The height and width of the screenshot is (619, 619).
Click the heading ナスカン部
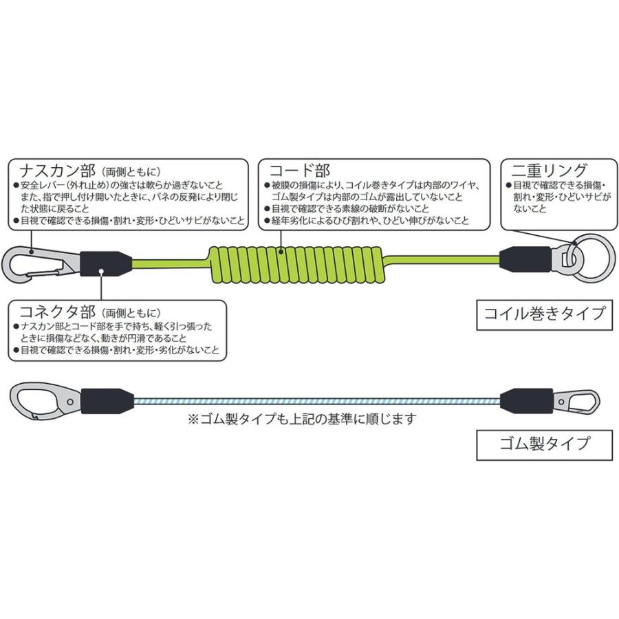click(x=52, y=170)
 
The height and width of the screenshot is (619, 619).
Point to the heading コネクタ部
click(x=52, y=311)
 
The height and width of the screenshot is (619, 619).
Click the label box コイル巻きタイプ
click(x=544, y=314)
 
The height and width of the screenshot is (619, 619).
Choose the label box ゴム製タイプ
click(x=544, y=443)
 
